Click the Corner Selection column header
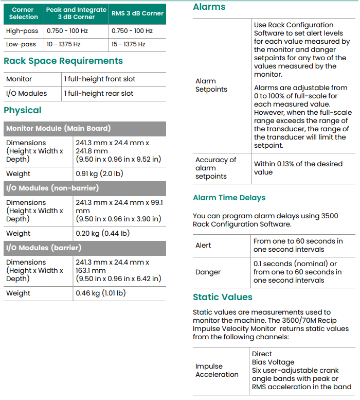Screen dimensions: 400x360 24,13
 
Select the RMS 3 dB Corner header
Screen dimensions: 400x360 137,13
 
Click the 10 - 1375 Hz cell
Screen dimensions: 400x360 64,44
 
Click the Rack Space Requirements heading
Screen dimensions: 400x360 63,61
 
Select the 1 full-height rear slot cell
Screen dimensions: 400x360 99,93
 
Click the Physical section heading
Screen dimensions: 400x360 23,110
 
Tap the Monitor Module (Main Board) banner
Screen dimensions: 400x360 58,128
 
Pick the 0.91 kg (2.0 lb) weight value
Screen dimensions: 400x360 100,173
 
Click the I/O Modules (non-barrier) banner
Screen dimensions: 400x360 52,188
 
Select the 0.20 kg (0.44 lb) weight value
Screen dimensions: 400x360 102,233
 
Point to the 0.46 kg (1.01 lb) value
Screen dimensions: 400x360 101,293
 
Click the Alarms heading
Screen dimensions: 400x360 209,7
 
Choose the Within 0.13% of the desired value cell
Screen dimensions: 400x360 298,168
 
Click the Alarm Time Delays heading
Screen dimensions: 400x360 229,198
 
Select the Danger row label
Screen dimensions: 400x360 208,272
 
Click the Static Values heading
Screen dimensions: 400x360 223,297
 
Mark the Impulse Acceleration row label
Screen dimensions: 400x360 217,371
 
